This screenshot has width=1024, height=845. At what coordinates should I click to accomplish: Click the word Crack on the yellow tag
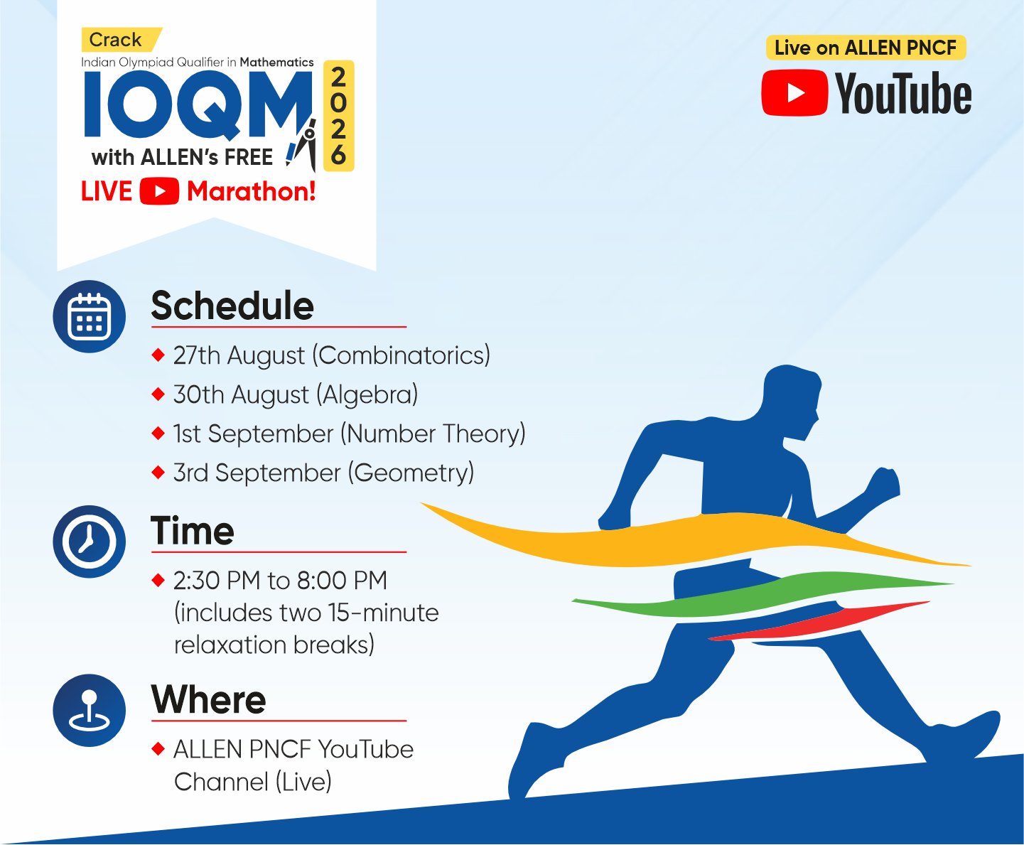(x=115, y=40)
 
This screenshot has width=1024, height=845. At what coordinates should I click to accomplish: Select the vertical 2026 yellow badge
(x=338, y=116)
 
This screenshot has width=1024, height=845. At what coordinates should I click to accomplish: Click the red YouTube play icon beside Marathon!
(x=159, y=190)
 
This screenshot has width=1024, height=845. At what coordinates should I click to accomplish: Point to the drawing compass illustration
(x=302, y=145)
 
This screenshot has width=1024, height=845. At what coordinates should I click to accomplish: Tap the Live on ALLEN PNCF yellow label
(x=866, y=48)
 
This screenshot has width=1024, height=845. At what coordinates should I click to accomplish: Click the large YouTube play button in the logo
(x=795, y=93)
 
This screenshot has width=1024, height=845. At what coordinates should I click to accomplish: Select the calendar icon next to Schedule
(x=90, y=316)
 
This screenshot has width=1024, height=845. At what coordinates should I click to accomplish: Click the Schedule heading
(x=232, y=305)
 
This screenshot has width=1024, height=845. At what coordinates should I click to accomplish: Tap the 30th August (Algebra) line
(x=296, y=395)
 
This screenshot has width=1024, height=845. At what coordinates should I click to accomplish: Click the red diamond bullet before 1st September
(x=158, y=433)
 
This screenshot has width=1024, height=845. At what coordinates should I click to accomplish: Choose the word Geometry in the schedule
(x=411, y=473)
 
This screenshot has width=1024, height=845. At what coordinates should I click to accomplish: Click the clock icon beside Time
(x=90, y=542)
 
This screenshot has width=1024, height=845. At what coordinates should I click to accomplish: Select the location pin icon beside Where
(x=90, y=710)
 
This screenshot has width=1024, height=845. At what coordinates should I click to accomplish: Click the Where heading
(x=208, y=699)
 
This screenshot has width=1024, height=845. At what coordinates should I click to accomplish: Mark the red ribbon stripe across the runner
(x=819, y=621)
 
